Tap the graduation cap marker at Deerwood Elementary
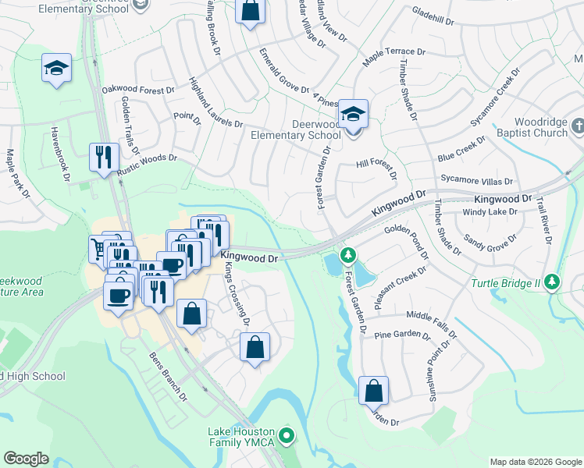[353, 115]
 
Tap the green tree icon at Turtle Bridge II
[553, 281]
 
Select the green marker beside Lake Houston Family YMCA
[287, 436]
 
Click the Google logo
[26, 459]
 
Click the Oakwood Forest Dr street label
[138, 90]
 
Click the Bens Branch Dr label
[169, 375]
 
